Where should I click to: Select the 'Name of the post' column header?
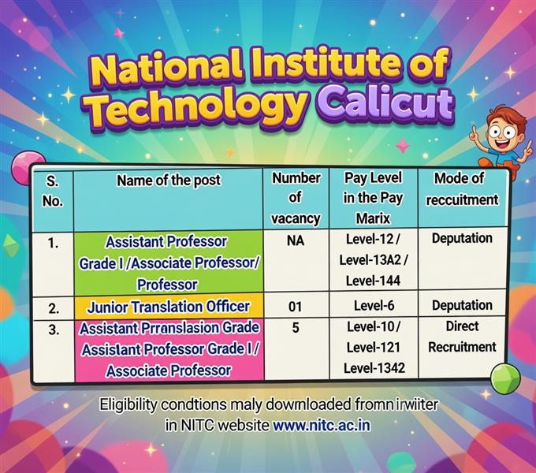(x=169, y=181)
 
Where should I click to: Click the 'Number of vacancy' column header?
(x=296, y=198)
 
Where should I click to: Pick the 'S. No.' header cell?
(x=53, y=190)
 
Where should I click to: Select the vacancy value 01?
(x=296, y=306)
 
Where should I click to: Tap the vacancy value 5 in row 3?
(x=295, y=326)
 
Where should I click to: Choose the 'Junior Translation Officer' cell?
(x=169, y=306)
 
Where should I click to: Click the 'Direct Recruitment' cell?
(x=462, y=336)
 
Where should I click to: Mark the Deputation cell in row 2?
(x=462, y=305)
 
